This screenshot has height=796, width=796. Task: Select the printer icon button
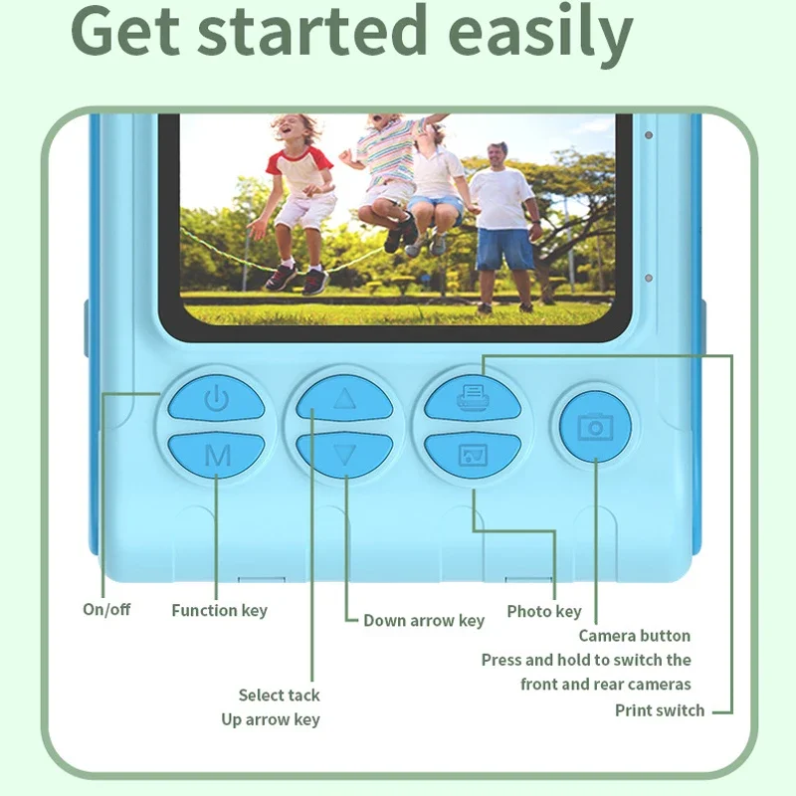(473, 399)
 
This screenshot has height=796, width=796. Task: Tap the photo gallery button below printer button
(473, 455)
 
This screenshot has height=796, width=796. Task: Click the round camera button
(595, 427)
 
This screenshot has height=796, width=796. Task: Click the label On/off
(106, 609)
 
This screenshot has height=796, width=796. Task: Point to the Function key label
(219, 610)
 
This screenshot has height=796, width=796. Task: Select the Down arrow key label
(423, 620)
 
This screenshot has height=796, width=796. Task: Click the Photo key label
(543, 611)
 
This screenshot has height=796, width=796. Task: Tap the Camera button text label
(634, 635)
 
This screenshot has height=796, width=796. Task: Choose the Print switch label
(659, 710)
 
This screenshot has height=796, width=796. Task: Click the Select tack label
(279, 695)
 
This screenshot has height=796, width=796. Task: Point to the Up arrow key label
(271, 719)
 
